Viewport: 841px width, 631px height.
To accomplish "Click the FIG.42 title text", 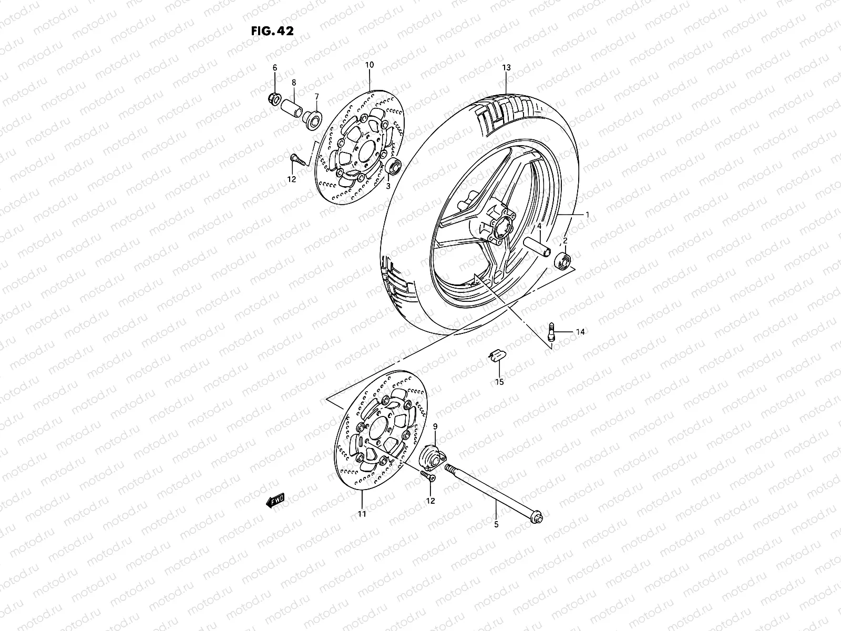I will click(272, 30).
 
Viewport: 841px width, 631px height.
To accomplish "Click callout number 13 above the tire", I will click(506, 68).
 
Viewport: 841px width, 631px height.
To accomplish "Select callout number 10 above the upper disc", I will click(369, 65).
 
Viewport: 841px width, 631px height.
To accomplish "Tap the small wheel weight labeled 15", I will click(498, 355).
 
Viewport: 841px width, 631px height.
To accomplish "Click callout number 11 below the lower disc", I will click(362, 514).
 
